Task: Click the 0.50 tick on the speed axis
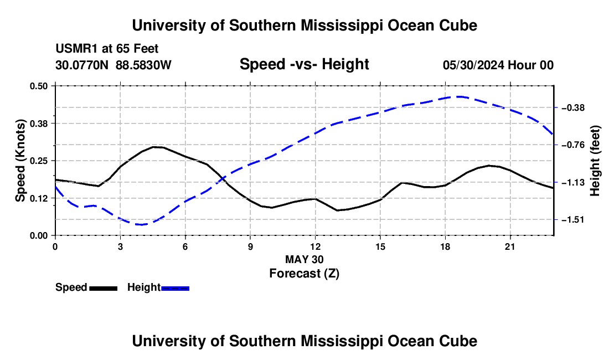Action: [38, 86]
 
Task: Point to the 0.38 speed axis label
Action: [38, 124]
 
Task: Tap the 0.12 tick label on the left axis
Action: [38, 198]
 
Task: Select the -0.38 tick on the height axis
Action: [573, 107]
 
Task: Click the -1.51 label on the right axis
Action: [573, 220]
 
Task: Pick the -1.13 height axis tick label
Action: [573, 183]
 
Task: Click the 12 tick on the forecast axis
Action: [316, 246]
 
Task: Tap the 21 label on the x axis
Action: [510, 246]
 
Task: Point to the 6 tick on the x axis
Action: [185, 246]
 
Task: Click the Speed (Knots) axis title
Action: [20, 161]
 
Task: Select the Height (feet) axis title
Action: [595, 161]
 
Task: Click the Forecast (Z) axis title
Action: [304, 274]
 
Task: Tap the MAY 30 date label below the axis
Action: [304, 259]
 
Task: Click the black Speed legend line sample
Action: [104, 289]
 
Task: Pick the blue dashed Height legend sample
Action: [175, 289]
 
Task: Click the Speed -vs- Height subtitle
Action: [304, 64]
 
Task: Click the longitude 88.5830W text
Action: [143, 65]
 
